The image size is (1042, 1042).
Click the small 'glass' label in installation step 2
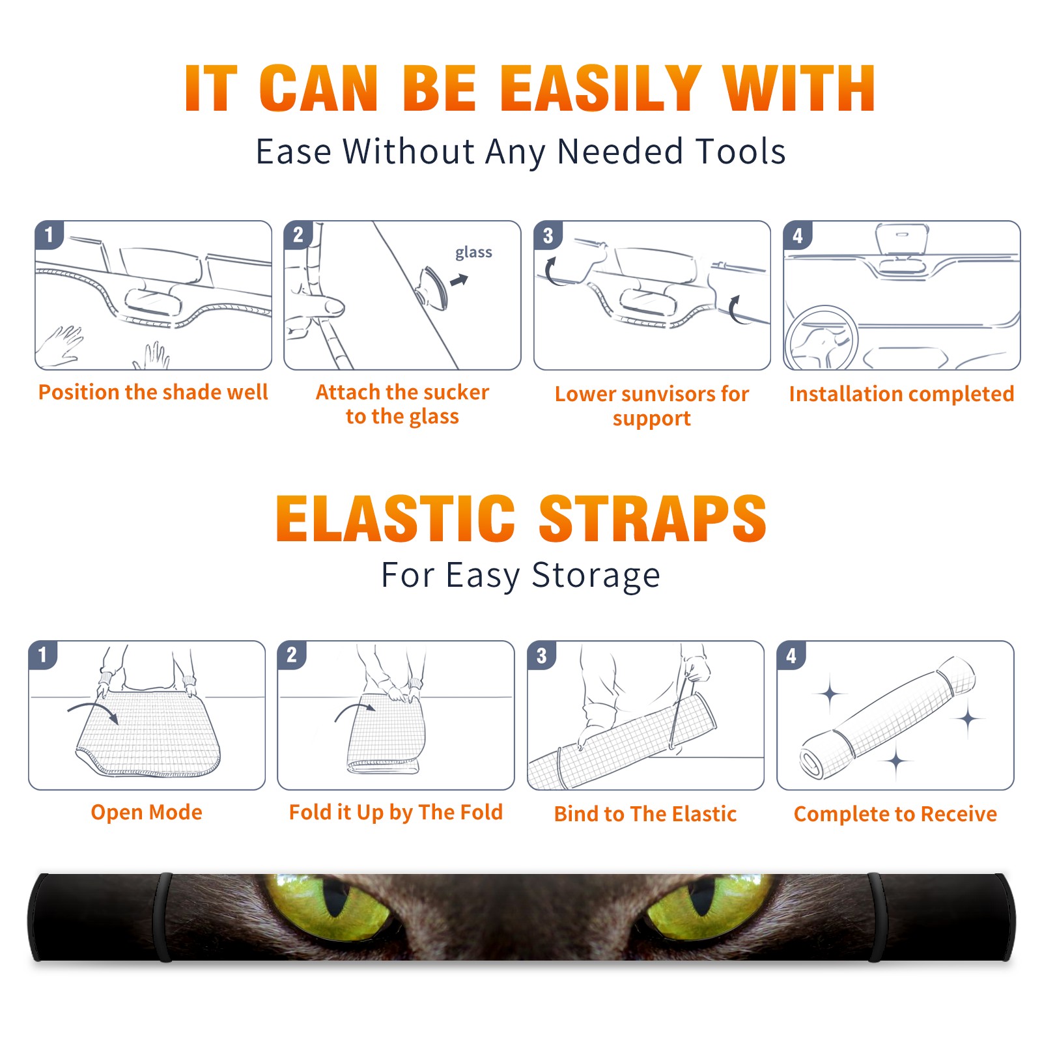[473, 252]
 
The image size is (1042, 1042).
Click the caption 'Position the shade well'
[153, 392]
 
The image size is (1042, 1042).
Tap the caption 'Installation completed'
[901, 393]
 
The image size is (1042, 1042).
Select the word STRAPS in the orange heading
[653, 518]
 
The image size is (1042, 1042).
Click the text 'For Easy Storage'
[520, 576]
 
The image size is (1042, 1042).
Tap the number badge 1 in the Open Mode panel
[43, 655]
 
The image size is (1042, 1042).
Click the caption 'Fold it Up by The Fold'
[396, 812]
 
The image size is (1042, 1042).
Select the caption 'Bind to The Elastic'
[645, 814]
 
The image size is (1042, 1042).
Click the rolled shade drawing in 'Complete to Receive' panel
[888, 718]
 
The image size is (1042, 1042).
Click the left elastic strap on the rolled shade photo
[162, 917]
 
